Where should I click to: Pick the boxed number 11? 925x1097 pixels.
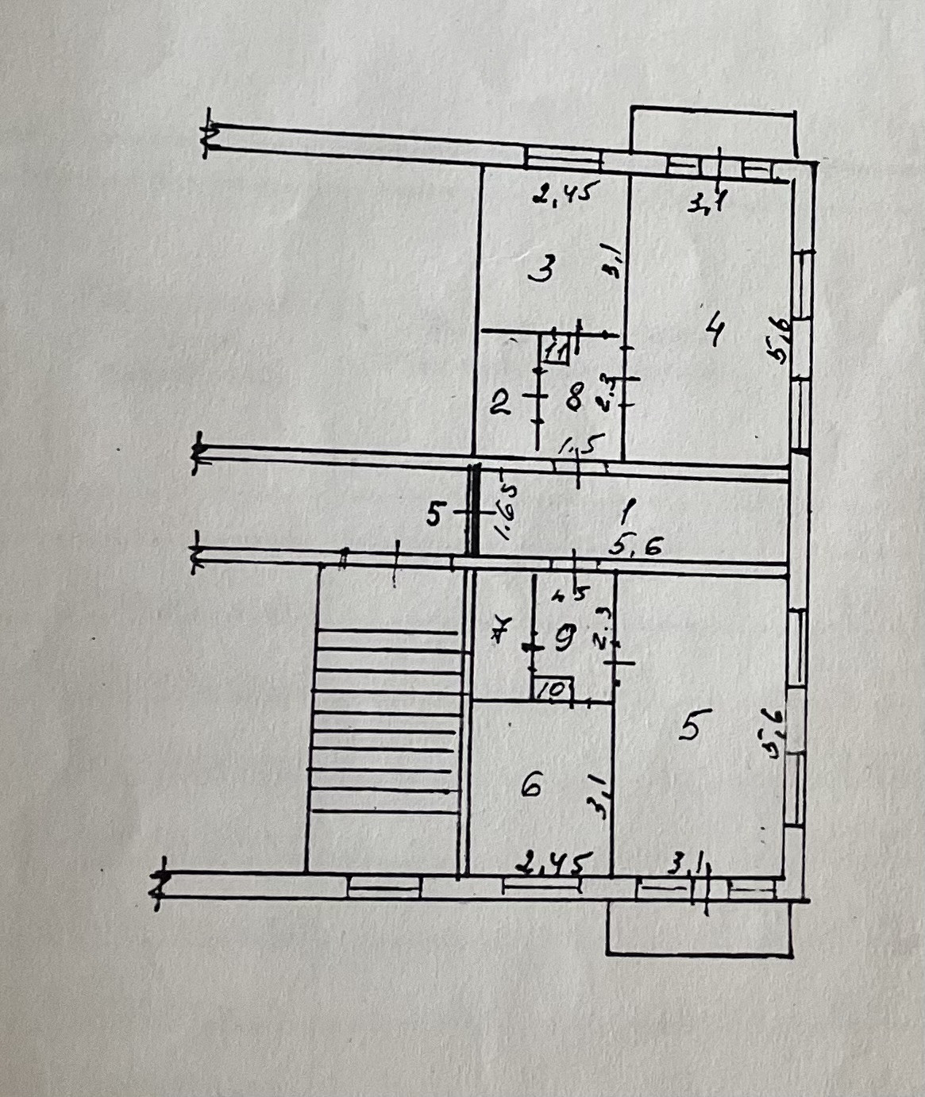coord(557,348)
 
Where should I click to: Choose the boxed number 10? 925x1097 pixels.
coord(553,689)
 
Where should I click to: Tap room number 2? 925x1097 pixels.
coord(499,405)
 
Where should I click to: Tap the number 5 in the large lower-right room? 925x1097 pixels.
coord(690,726)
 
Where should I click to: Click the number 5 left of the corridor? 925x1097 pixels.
coord(434,514)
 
